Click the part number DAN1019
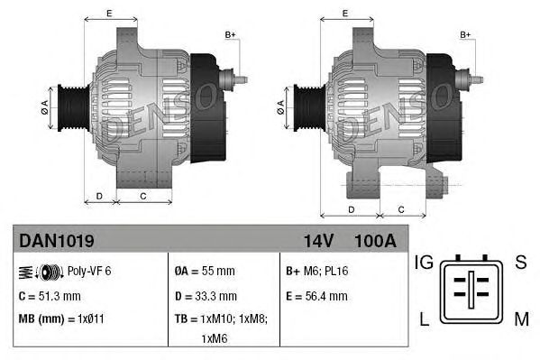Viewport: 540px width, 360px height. click(56, 242)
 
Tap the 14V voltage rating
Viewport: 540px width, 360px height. click(318, 242)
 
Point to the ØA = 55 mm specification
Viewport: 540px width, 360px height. click(205, 271)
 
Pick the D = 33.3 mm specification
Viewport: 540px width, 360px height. click(206, 295)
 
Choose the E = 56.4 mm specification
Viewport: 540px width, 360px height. click(316, 295)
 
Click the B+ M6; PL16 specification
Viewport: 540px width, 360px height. click(317, 271)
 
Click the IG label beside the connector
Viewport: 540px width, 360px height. click(425, 263)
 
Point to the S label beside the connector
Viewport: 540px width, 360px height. click(520, 263)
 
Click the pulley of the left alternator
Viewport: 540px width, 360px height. click(69, 109)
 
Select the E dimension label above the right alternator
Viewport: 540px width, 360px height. click(347, 13)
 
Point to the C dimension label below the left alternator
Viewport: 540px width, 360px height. click(143, 195)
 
